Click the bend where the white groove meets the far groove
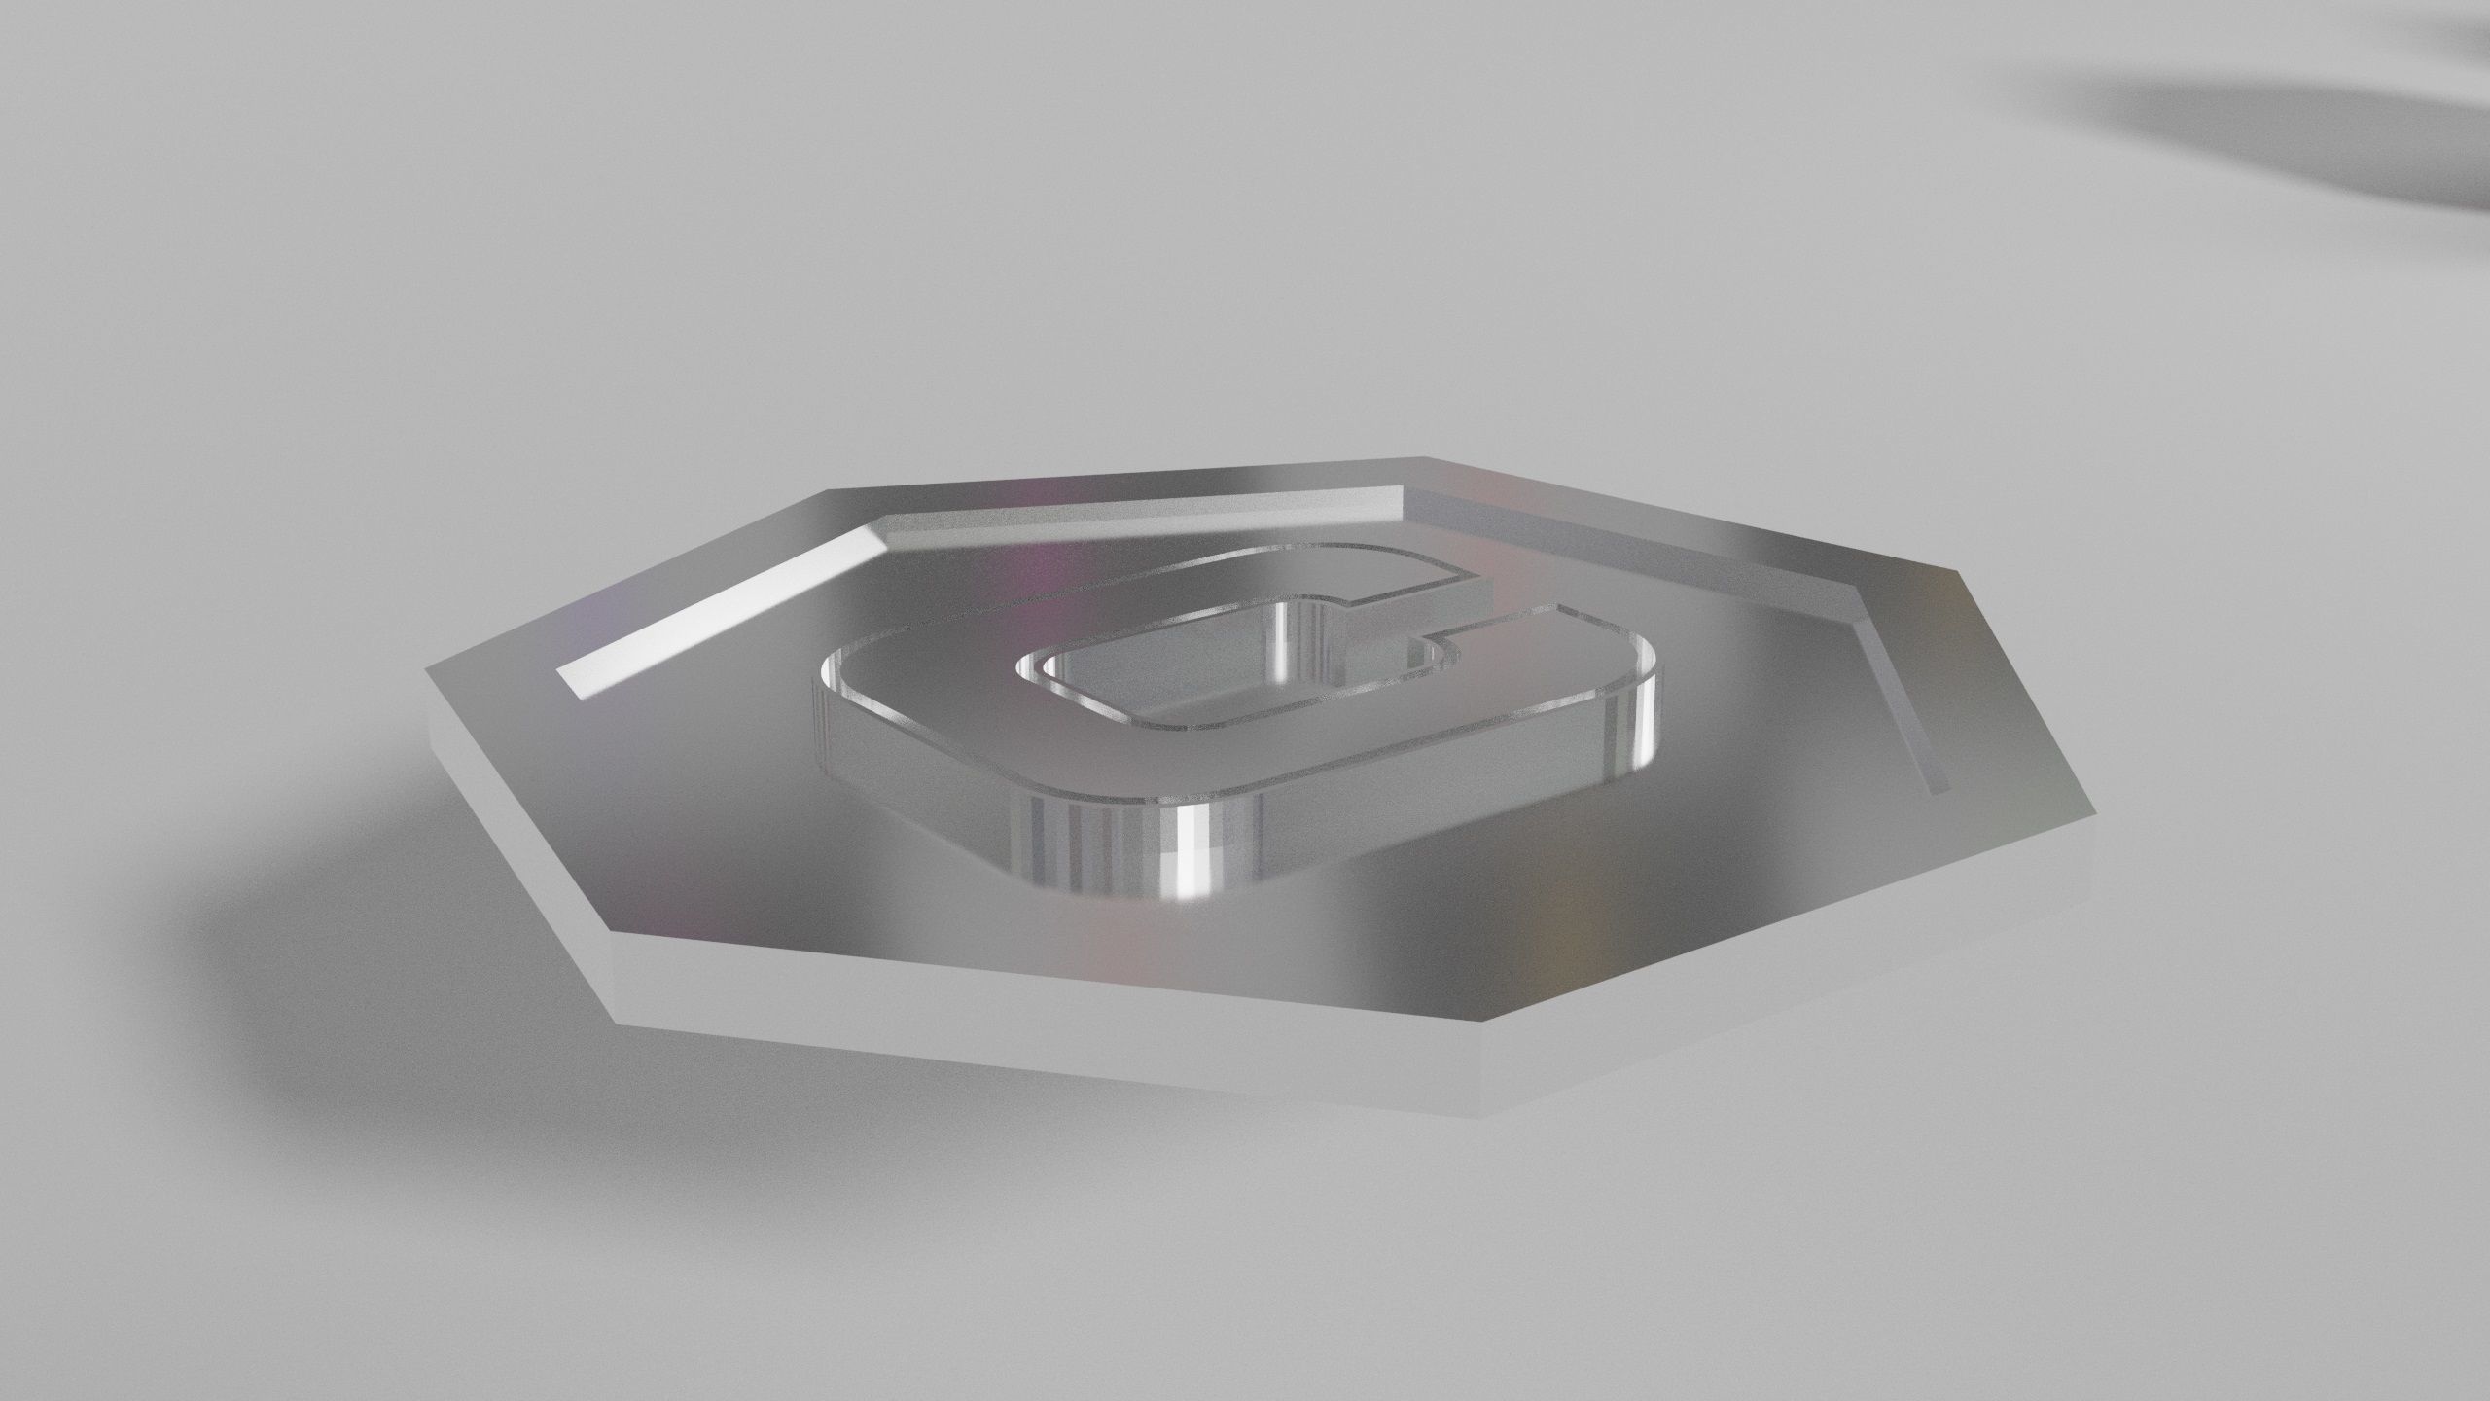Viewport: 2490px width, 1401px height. pyautogui.click(x=880, y=530)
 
